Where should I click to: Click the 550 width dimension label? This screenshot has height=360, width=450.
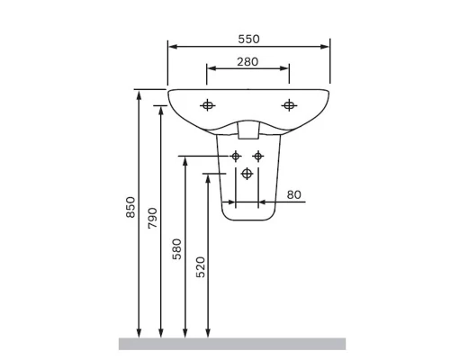click(248, 39)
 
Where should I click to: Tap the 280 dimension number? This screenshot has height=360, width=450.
click(247, 62)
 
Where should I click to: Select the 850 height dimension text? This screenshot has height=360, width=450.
click(130, 207)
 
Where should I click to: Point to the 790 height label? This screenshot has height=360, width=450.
click(152, 218)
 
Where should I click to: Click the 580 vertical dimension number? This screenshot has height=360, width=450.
click(176, 249)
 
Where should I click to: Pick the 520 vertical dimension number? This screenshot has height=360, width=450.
click(201, 267)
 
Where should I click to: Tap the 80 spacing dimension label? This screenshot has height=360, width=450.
click(293, 194)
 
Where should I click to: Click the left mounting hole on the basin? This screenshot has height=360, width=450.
click(207, 105)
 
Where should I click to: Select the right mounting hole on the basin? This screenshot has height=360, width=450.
click(289, 105)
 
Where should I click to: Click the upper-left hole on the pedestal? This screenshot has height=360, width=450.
click(236, 157)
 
